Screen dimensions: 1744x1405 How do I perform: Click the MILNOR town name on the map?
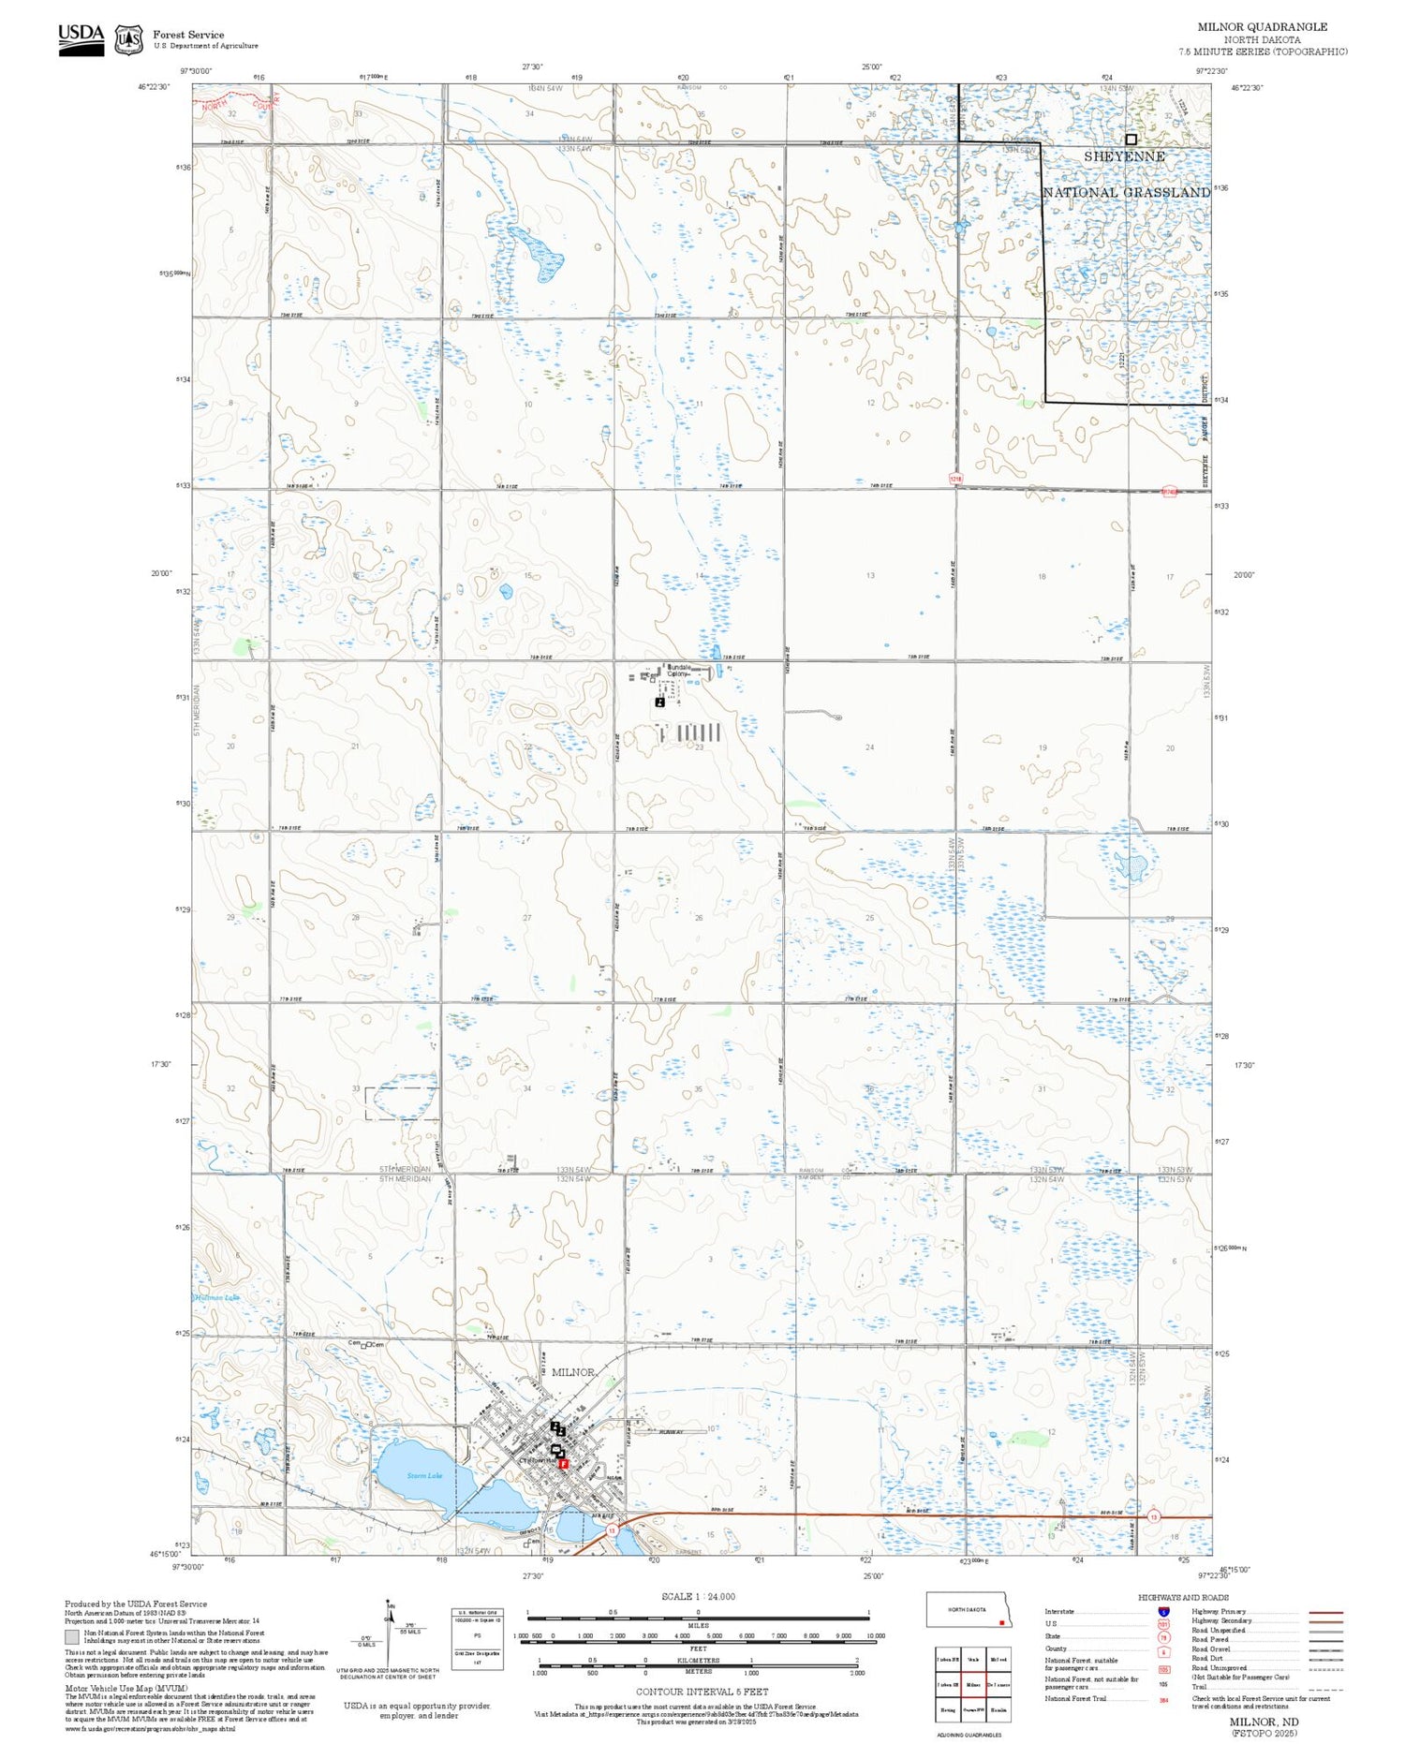tap(572, 1372)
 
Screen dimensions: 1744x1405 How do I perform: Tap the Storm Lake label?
tap(423, 1476)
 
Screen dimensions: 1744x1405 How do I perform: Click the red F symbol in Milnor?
tap(564, 1464)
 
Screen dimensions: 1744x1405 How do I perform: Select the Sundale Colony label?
tap(679, 670)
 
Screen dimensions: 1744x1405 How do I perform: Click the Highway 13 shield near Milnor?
tap(612, 1529)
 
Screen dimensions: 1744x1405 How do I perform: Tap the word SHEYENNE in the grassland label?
tap(1124, 156)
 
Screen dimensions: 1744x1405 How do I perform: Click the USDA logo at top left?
tap(81, 40)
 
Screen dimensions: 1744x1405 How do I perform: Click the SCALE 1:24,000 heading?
tap(698, 1597)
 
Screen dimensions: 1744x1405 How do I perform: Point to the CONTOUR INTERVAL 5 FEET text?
tap(702, 1692)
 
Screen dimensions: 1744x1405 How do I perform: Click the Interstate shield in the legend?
tap(1163, 1612)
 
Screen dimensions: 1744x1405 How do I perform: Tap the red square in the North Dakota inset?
tap(1001, 1622)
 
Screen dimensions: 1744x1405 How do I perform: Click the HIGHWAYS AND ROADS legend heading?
tap(1183, 1598)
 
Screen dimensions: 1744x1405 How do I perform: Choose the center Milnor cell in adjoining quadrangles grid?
tap(973, 1684)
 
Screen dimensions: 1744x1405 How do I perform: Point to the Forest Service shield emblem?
tap(128, 40)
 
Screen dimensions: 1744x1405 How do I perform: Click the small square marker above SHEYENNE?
tap(1131, 139)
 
